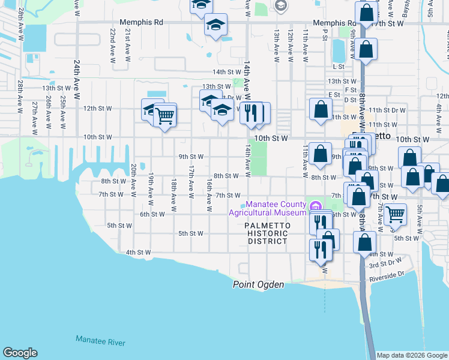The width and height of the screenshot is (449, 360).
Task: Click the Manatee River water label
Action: point(100,341)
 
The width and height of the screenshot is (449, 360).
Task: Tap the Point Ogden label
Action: point(258,285)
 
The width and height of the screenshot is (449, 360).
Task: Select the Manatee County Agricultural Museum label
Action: point(268,208)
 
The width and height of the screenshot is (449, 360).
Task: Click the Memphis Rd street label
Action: point(141,22)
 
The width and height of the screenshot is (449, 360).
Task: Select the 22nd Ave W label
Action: point(112,45)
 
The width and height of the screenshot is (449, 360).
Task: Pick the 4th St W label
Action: point(139,253)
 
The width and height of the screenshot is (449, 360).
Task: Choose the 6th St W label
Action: point(152,214)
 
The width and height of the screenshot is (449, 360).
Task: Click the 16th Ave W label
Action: point(209,194)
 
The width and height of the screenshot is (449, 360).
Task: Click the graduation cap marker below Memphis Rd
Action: point(215,26)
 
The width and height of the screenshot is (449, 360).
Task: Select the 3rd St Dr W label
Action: point(385,263)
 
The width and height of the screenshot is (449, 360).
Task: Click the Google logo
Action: point(20,353)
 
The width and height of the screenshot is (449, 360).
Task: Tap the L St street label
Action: point(339,67)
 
